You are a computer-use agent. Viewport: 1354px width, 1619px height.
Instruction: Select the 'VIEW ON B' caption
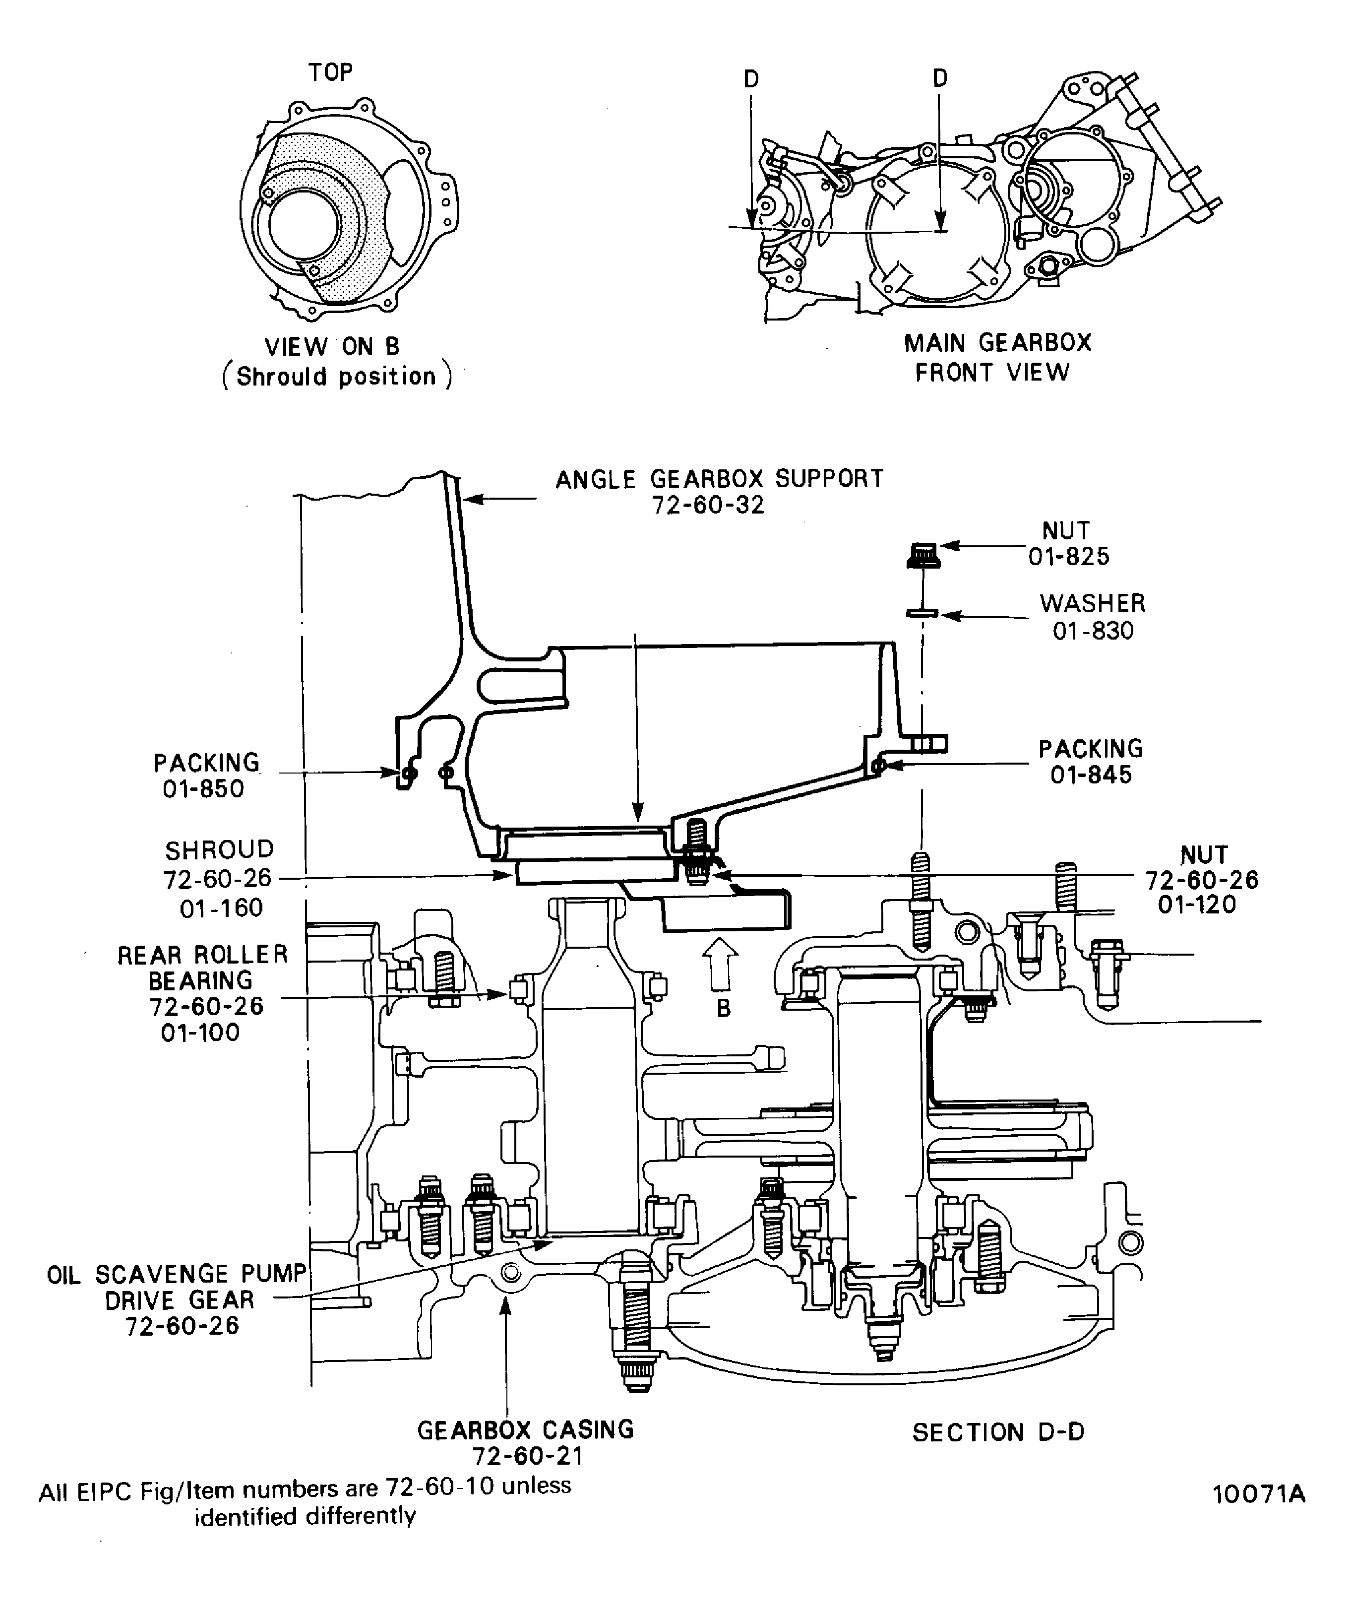(x=332, y=347)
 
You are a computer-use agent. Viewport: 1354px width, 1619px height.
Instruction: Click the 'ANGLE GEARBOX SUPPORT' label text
(x=719, y=479)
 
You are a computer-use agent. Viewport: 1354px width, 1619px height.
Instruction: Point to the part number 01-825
(x=1069, y=557)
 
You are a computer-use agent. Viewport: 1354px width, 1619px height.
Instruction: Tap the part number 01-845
(x=1091, y=775)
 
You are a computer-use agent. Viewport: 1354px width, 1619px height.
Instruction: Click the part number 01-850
(x=203, y=789)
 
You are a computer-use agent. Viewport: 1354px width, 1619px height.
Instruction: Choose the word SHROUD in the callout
(x=220, y=849)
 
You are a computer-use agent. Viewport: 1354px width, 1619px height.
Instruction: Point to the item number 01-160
(x=221, y=908)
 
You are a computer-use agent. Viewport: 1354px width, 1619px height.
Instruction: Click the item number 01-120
(x=1197, y=905)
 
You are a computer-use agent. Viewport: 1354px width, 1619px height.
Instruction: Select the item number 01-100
(x=200, y=1033)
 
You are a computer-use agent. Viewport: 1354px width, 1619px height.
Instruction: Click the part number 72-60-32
(x=708, y=506)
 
